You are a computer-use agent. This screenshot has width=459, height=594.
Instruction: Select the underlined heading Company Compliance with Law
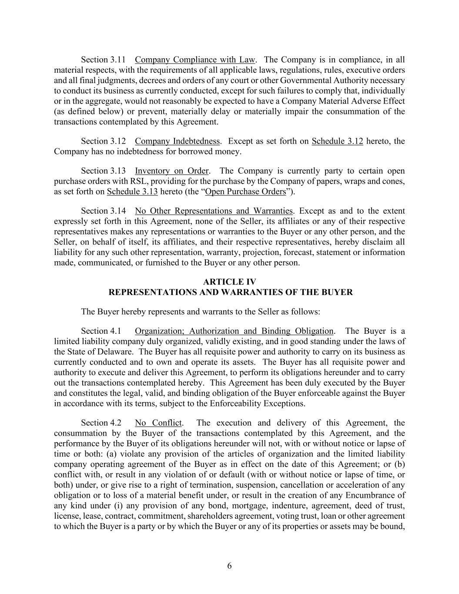point(195,60)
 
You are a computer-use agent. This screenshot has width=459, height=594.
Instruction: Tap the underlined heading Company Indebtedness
point(177,141)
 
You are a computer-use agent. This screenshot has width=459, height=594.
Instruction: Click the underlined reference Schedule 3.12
point(337,141)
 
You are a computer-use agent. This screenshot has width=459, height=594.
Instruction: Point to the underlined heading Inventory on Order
point(171,171)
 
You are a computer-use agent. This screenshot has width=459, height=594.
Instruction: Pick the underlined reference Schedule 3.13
point(132,191)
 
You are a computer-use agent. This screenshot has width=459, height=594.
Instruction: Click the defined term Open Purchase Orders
point(245,191)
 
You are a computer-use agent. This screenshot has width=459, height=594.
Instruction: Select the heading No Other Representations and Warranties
point(214,211)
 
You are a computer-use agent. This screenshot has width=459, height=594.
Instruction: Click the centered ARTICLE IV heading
point(230,282)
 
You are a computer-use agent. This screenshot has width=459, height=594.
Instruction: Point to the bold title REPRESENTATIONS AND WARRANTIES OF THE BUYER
point(230,292)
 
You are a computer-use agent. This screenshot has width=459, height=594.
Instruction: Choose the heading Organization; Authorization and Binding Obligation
point(234,331)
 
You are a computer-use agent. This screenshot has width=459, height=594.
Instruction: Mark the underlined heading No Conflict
point(158,423)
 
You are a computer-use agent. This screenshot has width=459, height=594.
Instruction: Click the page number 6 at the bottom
point(229,566)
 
